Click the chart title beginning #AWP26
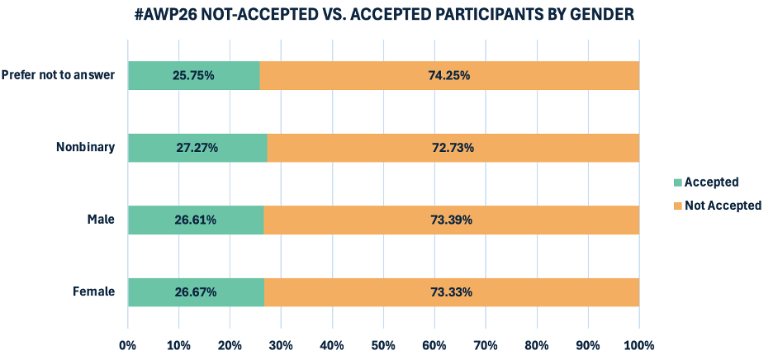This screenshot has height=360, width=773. click(386, 15)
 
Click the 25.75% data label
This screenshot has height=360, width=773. click(194, 75)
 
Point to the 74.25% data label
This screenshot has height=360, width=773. click(449, 75)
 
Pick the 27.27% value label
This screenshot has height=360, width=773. click(197, 148)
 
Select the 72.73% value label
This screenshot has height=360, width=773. click(453, 148)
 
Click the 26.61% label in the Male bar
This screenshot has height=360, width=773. click(196, 220)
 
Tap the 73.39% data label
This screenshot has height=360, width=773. click(451, 220)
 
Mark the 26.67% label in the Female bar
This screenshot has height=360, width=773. click(196, 292)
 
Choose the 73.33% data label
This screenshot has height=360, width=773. click(451, 292)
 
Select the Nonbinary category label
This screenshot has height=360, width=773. click(85, 148)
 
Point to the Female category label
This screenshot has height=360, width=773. click(92, 292)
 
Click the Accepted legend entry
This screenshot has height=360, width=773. click(712, 182)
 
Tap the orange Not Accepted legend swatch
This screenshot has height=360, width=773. click(679, 206)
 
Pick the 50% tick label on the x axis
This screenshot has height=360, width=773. click(383, 344)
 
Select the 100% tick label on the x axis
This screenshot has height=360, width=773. click(638, 344)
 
